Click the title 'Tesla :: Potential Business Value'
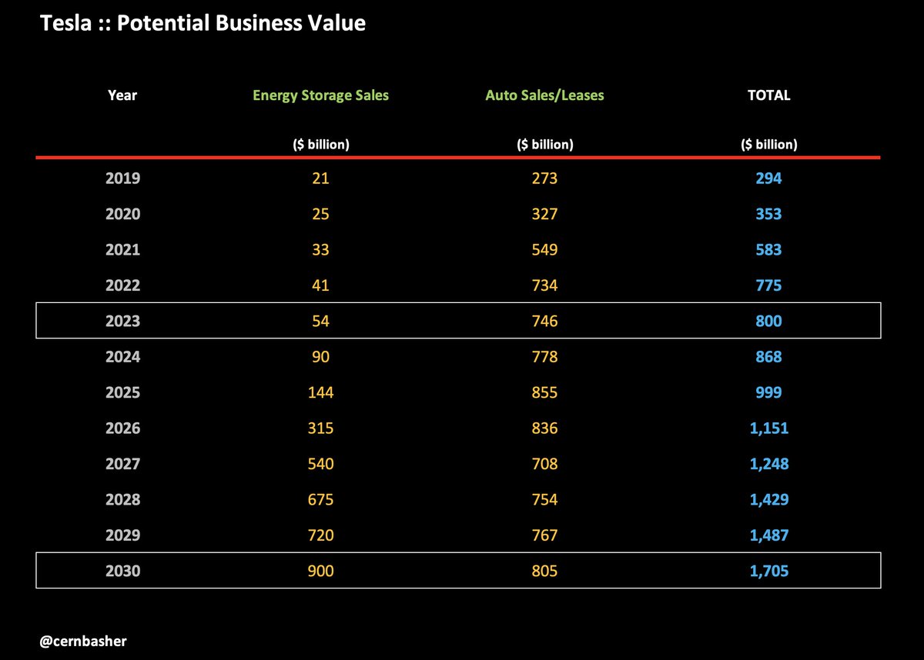click(203, 24)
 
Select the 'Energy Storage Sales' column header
click(321, 95)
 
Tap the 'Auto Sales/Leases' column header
click(544, 95)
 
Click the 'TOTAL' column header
click(768, 95)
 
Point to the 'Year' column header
click(122, 95)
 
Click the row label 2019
click(122, 178)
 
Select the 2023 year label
click(122, 321)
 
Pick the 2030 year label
click(122, 571)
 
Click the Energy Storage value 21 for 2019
click(321, 178)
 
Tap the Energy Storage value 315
click(321, 428)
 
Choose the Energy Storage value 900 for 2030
click(321, 571)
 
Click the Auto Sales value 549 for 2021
click(544, 250)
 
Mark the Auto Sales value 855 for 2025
click(544, 392)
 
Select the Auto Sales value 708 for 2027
click(544, 464)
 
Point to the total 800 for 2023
click(768, 321)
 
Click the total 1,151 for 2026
click(768, 428)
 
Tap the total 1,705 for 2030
click(768, 571)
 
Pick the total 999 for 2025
click(768, 392)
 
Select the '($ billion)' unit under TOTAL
click(768, 144)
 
